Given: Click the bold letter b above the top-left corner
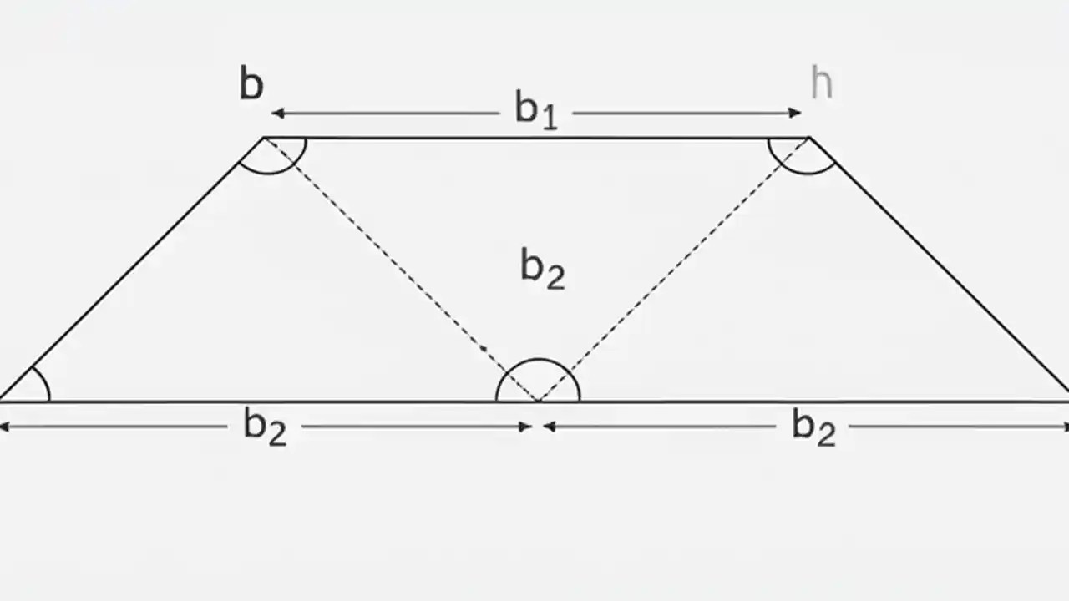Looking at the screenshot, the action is click(251, 84).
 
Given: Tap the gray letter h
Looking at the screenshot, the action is click(821, 83).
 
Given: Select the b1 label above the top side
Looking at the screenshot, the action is click(535, 110).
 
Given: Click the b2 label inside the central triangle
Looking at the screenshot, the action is click(542, 269).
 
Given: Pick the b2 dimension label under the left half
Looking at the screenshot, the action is click(265, 427).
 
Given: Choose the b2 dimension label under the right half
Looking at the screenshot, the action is click(813, 427).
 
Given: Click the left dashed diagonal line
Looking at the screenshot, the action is click(401, 269).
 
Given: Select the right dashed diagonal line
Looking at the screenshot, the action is click(673, 269).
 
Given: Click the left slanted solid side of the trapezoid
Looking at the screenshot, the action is click(132, 269).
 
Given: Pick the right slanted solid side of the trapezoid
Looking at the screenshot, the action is click(939, 269).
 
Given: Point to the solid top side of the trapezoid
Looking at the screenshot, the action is click(535, 138).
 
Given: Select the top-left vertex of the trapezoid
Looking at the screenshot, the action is click(264, 138).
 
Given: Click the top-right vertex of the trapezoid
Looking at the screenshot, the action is click(808, 138).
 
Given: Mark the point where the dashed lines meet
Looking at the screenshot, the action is click(538, 401).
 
